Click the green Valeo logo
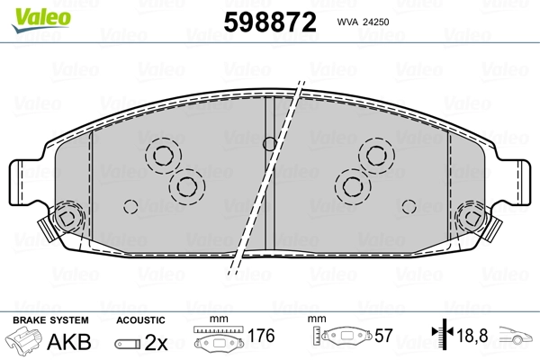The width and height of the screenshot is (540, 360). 41,20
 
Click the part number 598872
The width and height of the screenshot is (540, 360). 270,22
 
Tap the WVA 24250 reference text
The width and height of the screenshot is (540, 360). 363,22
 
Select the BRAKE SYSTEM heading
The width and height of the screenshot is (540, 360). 50,320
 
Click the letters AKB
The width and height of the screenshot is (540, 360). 69,342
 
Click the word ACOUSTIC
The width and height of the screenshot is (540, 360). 140,320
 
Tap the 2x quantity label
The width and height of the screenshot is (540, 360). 156,342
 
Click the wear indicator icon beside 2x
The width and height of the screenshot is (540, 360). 128,344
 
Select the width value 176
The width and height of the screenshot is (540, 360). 261,336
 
